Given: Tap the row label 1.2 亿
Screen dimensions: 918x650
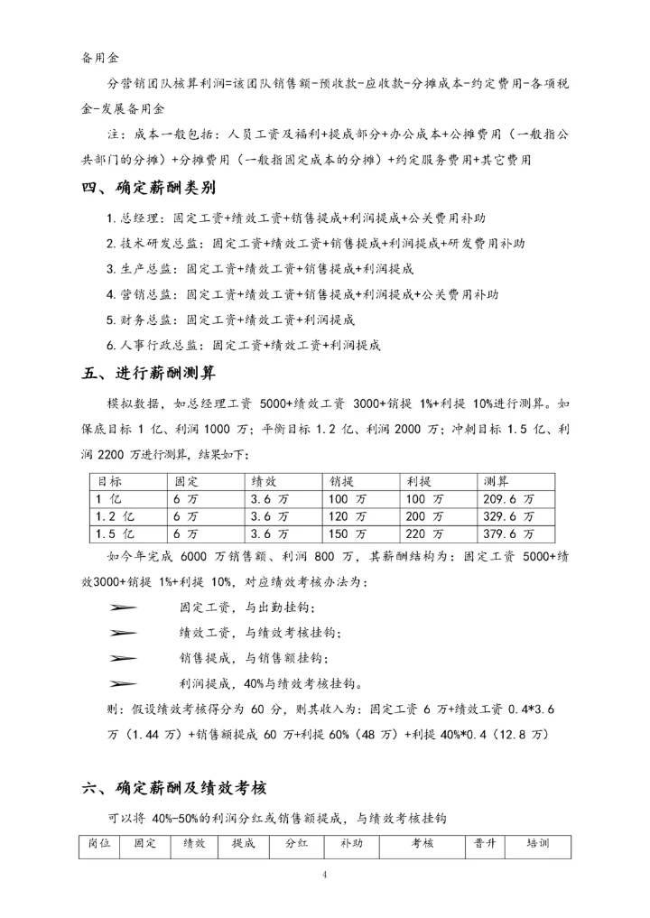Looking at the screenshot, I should pos(115,515).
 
